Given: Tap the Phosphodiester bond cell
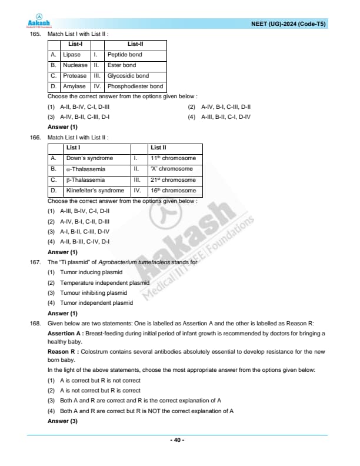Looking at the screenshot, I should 135,86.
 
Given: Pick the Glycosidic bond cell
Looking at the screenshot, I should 128,76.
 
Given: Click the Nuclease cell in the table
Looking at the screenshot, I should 75,65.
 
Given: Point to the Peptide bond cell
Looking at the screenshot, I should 125,55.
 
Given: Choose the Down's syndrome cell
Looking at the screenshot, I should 90,158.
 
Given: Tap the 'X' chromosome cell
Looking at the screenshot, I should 172,169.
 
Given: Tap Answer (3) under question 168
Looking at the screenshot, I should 62,421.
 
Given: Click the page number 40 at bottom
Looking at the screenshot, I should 177,440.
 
